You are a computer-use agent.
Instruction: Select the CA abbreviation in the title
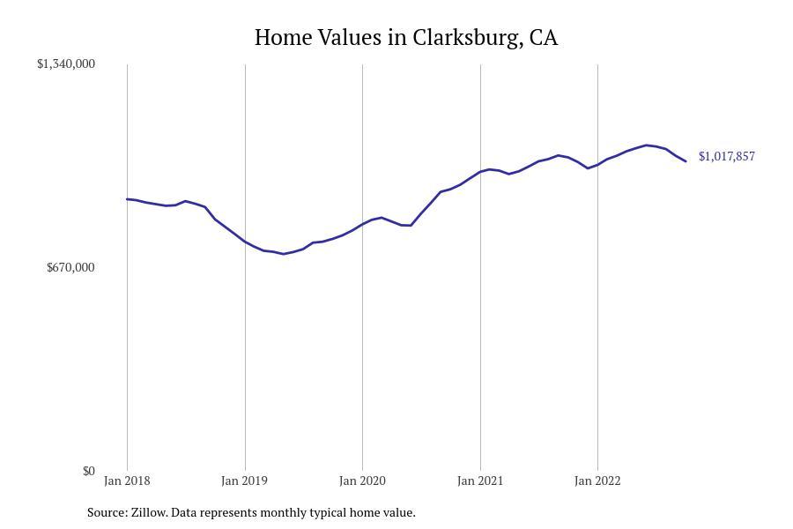coord(544,38)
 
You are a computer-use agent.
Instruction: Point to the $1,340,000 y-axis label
coord(66,63)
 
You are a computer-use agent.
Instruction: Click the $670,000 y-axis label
coord(70,267)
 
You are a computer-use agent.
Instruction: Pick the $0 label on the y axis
coord(88,471)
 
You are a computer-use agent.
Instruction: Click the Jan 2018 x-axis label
coord(127,481)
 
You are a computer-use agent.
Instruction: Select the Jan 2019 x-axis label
coord(245,481)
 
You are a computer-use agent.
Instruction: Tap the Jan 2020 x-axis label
coord(362,481)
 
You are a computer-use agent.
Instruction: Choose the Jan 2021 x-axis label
coord(480,481)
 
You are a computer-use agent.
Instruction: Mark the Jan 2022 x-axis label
coord(597,481)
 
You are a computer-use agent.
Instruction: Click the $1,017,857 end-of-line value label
coord(726,156)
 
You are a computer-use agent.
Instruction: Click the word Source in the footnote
coord(107,512)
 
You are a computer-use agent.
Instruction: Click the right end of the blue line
coord(686,161)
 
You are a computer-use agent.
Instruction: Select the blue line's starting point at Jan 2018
coord(128,199)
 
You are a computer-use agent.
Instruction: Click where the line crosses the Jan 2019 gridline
coord(245,242)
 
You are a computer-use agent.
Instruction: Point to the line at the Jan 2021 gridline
coord(480,171)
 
